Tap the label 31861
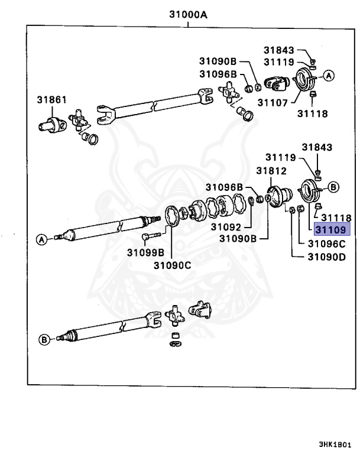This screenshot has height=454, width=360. pyautogui.click(x=51, y=99)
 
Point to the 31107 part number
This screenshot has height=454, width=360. pyautogui.click(x=272, y=102)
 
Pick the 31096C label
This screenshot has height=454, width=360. pyautogui.click(x=326, y=243)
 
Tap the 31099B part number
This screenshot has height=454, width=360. pyautogui.click(x=145, y=252)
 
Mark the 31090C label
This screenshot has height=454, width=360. pyautogui.click(x=172, y=265)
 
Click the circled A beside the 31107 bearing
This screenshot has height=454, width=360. pyautogui.click(x=329, y=75)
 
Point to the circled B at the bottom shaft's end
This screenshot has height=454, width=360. pyautogui.click(x=44, y=339)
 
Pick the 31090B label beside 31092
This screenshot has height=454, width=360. pyautogui.click(x=238, y=239)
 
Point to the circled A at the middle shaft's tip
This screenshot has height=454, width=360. pyautogui.click(x=42, y=239)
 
